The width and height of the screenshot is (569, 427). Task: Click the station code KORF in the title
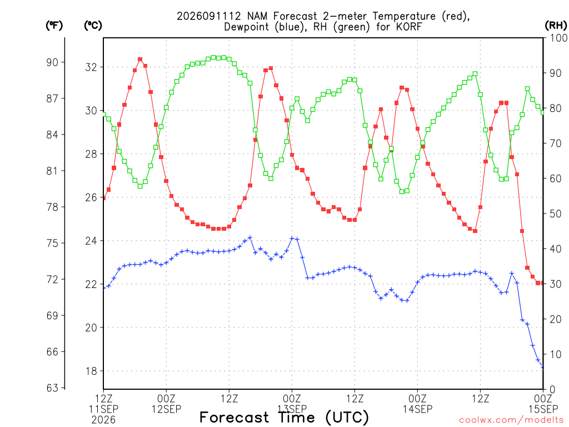[408, 27]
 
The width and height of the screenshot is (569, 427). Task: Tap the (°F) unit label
[54, 26]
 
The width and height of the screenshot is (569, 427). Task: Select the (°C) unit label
[93, 26]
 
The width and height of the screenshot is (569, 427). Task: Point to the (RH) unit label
[556, 26]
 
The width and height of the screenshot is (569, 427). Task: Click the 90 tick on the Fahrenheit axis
[52, 62]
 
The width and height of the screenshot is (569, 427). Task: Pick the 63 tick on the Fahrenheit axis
[52, 388]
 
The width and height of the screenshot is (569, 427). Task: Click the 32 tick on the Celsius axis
[91, 67]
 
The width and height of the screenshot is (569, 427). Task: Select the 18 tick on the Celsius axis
[91, 371]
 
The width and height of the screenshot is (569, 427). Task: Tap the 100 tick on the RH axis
[559, 38]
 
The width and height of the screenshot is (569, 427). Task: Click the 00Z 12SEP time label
[166, 404]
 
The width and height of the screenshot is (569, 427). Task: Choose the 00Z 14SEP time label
[417, 404]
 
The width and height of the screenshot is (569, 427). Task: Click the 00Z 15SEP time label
[543, 404]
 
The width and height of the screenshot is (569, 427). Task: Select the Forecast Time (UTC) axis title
[284, 418]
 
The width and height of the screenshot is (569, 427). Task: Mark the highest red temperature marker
[140, 59]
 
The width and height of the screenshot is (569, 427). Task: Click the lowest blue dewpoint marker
[543, 367]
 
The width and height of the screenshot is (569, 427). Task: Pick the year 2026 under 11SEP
[103, 420]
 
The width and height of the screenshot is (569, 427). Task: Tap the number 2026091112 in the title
[209, 16]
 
